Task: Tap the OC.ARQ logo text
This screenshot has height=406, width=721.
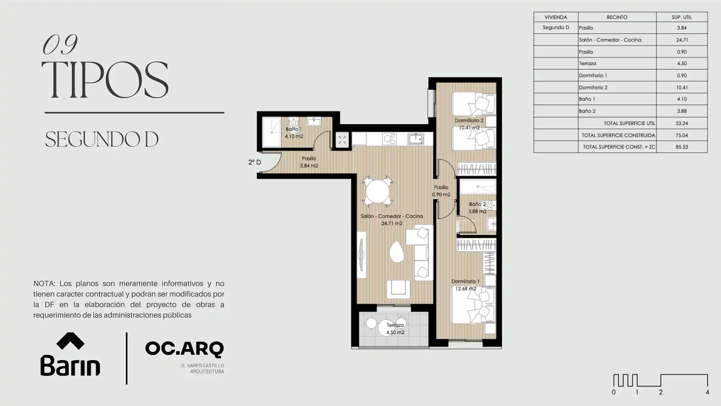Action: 184,349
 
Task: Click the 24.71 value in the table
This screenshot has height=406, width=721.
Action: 682,39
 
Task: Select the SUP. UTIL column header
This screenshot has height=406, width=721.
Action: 682,17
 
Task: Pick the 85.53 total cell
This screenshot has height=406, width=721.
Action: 682,147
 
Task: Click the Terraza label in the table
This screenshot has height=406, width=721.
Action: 588,64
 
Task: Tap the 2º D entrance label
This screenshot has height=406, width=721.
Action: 254,162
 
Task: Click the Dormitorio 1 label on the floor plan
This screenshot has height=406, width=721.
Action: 465,281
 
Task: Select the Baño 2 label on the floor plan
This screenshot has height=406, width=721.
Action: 477,204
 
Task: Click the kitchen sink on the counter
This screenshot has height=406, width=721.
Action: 416,139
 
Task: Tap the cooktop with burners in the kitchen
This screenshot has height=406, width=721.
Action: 389,139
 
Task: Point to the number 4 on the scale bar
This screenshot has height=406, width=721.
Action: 707,392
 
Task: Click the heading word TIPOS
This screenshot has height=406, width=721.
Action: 104,80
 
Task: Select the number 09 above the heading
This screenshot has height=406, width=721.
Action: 60,44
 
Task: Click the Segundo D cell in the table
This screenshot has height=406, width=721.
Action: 556,27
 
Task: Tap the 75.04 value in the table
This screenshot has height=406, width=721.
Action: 682,135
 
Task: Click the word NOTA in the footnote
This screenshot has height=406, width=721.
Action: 44,283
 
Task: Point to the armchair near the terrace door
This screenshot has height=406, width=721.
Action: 398,288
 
